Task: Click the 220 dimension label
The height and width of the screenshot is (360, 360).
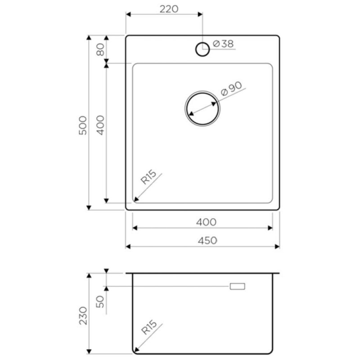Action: (x=169, y=9)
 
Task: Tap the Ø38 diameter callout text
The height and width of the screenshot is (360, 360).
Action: (x=223, y=44)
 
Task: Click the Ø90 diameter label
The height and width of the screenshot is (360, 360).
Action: (x=231, y=88)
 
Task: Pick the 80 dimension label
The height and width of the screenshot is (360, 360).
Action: (x=100, y=49)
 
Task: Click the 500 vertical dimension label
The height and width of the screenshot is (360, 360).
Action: (x=83, y=126)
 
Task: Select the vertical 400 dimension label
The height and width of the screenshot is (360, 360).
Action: (x=100, y=125)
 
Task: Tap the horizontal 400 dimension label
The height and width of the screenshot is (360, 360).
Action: (x=206, y=222)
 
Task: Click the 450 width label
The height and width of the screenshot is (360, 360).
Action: (x=207, y=240)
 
